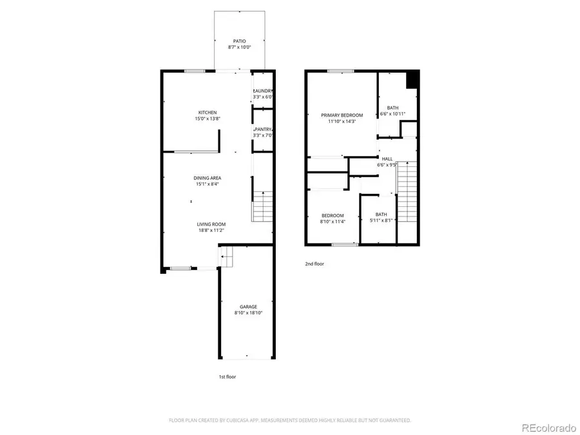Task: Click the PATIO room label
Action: pyautogui.click(x=239, y=41)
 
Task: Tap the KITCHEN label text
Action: pyautogui.click(x=207, y=113)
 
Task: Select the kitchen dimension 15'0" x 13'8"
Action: pyautogui.click(x=207, y=119)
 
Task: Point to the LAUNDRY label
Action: pyautogui.click(x=264, y=91)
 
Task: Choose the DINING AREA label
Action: pyautogui.click(x=208, y=178)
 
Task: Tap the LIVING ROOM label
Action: pyautogui.click(x=211, y=224)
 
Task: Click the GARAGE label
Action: pyautogui.click(x=248, y=307)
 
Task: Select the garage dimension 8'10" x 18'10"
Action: pyautogui.click(x=248, y=313)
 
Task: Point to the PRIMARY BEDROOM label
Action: pyautogui.click(x=342, y=115)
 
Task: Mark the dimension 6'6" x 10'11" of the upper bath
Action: pyautogui.click(x=396, y=114)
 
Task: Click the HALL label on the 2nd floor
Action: pyautogui.click(x=387, y=159)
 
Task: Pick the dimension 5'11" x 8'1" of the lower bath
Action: pyautogui.click(x=381, y=220)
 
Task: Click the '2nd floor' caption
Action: pyautogui.click(x=314, y=264)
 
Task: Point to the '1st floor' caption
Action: pyautogui.click(x=227, y=376)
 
